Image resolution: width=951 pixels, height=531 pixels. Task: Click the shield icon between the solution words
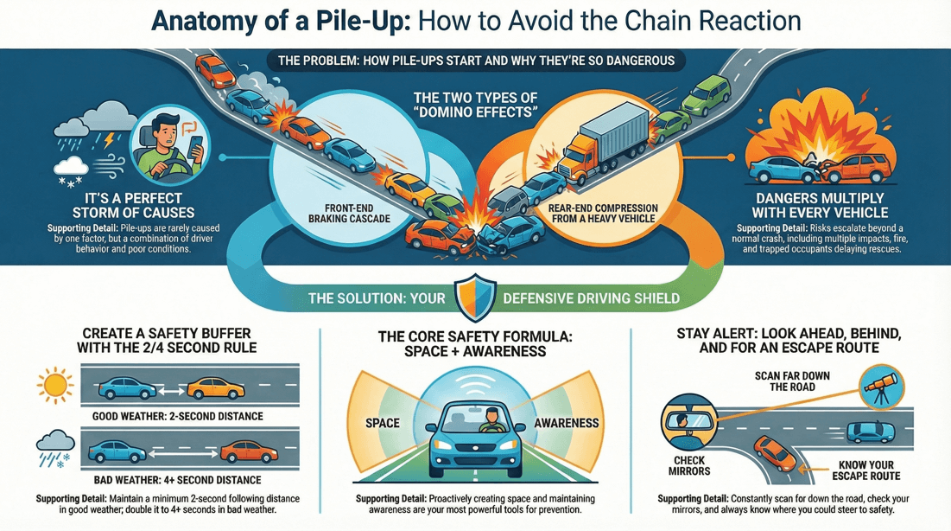[x=475, y=296]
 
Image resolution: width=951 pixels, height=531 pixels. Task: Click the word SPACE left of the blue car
[x=382, y=423]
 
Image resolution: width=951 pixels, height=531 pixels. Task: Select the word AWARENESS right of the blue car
[x=567, y=423]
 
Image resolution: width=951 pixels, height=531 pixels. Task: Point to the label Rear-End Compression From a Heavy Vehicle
[x=603, y=214]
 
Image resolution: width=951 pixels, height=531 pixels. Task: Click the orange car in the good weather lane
[x=215, y=387]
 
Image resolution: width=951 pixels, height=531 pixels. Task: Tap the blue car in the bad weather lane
[x=118, y=451]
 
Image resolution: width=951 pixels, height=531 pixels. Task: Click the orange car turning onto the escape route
[x=776, y=451]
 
